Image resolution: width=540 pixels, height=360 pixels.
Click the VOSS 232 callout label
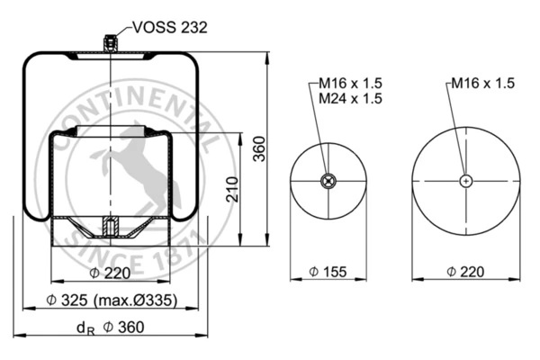point(170,28)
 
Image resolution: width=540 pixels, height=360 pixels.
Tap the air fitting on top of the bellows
point(110,43)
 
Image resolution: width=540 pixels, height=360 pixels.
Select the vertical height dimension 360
point(260,148)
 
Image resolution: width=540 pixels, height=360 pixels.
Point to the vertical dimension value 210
point(232,189)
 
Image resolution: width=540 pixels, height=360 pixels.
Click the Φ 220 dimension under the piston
point(110,274)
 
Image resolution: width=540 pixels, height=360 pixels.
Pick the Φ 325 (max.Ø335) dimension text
point(112,300)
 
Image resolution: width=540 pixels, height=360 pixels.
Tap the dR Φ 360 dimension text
point(110,328)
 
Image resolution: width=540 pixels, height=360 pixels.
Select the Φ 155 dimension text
point(328,272)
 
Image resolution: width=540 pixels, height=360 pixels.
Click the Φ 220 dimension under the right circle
point(465,272)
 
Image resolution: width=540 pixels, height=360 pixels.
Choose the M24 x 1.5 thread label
point(350,98)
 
